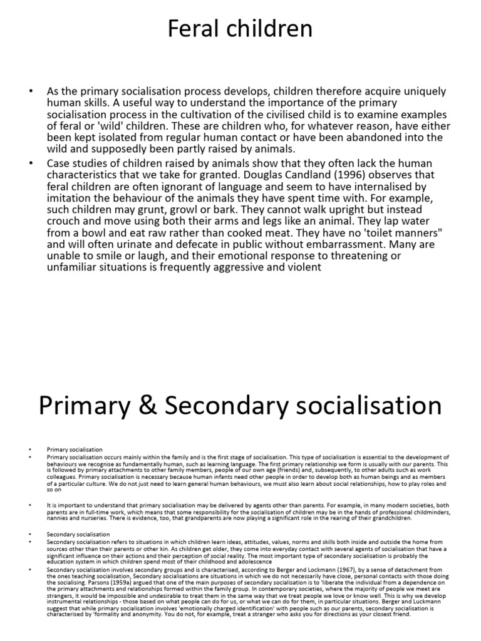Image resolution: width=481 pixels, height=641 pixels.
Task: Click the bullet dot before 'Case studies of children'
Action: click(30, 163)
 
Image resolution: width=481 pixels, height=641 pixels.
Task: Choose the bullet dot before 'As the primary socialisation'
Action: click(30, 91)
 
